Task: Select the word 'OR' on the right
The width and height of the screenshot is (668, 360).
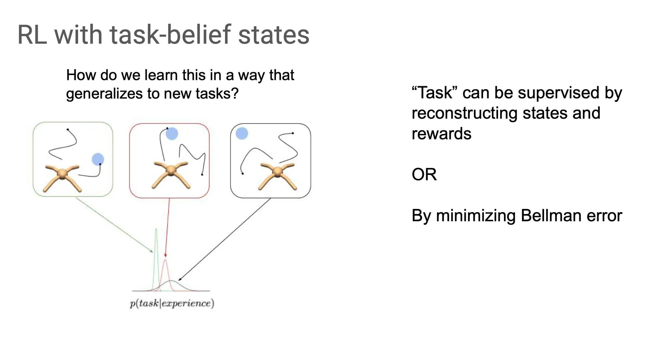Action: pyautogui.click(x=424, y=174)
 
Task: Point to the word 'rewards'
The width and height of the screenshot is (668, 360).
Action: pyautogui.click(x=441, y=133)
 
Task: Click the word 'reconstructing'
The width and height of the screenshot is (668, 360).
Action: pyautogui.click(x=464, y=113)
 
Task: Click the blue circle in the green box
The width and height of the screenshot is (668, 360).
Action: pyautogui.click(x=98, y=159)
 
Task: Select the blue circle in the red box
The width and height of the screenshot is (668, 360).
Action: pyautogui.click(x=172, y=133)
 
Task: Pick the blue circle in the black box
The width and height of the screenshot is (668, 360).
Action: pyautogui.click(x=242, y=133)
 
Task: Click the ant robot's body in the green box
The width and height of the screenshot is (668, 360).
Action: pyautogui.click(x=62, y=174)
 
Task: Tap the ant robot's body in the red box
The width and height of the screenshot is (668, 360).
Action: pyautogui.click(x=171, y=170)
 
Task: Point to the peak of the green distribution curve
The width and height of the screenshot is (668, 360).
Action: pyautogui.click(x=156, y=229)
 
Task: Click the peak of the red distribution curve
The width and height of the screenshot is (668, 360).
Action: pyautogui.click(x=165, y=260)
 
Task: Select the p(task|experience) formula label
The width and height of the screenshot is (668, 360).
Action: pyautogui.click(x=172, y=303)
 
